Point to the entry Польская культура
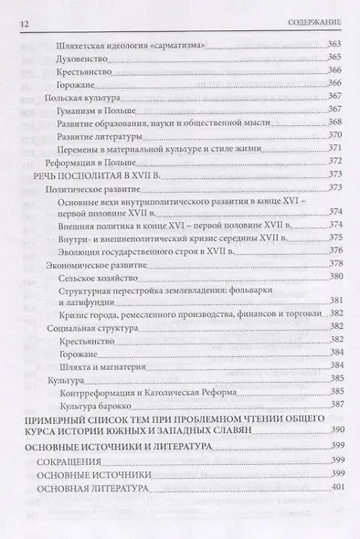point(79,96)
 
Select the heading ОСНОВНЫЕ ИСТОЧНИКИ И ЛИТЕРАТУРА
point(119,449)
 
